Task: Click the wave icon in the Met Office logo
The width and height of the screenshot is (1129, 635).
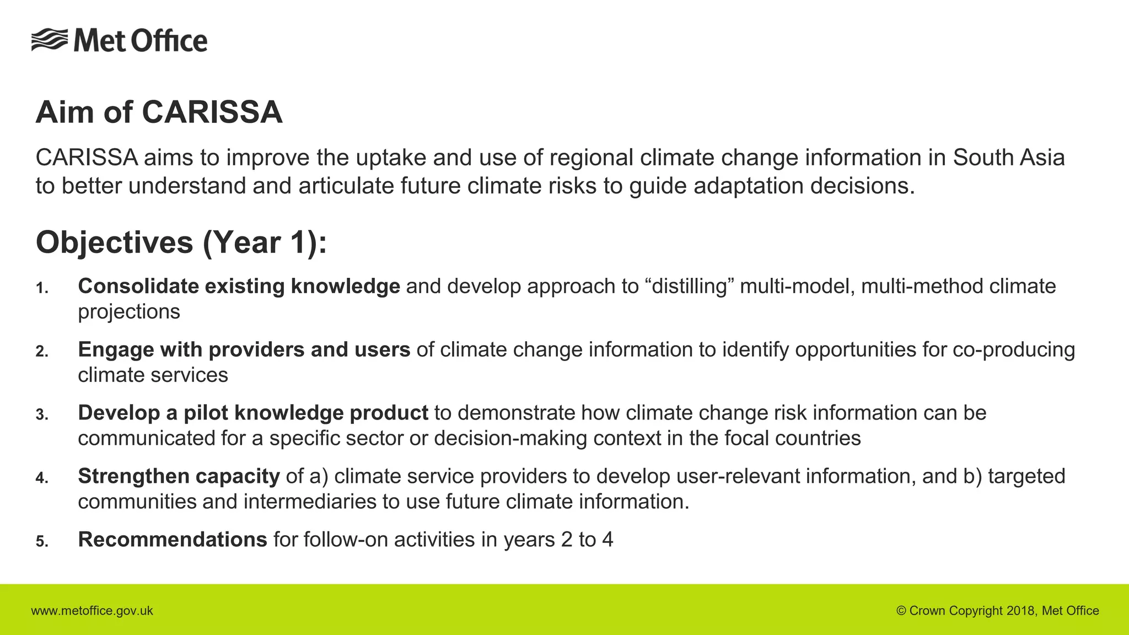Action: (x=50, y=40)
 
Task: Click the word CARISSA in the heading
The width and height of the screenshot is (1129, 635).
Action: (x=212, y=112)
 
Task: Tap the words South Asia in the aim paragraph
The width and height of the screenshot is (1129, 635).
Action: (x=1008, y=158)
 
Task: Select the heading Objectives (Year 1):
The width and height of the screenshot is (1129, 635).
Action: (x=181, y=243)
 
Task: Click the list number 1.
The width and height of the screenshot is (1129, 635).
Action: (x=42, y=288)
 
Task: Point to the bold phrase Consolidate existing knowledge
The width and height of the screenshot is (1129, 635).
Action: (x=239, y=287)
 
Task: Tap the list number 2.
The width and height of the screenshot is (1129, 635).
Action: (x=42, y=352)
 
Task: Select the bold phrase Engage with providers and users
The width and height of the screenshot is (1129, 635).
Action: (x=244, y=350)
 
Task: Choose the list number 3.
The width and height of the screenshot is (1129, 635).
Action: (x=42, y=415)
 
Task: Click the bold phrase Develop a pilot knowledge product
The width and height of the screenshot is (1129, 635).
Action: (x=253, y=413)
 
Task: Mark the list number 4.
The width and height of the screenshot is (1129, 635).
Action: (x=42, y=478)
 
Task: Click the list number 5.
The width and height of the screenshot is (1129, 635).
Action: (x=42, y=542)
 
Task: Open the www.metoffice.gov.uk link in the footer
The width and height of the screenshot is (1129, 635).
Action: (x=92, y=611)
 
